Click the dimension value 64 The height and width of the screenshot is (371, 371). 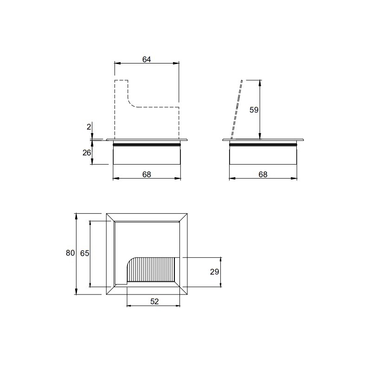click(x=147, y=59)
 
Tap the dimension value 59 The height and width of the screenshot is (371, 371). click(x=254, y=110)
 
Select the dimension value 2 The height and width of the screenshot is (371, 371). click(x=89, y=127)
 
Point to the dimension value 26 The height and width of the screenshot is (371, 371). click(x=87, y=153)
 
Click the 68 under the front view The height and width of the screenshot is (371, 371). click(x=147, y=174)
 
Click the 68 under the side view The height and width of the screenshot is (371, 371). click(x=263, y=174)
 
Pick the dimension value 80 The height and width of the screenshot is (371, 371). click(x=70, y=253)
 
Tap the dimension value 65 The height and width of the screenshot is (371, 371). click(x=85, y=253)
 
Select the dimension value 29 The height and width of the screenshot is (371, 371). click(x=215, y=272)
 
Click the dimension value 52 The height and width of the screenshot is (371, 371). click(x=154, y=301)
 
